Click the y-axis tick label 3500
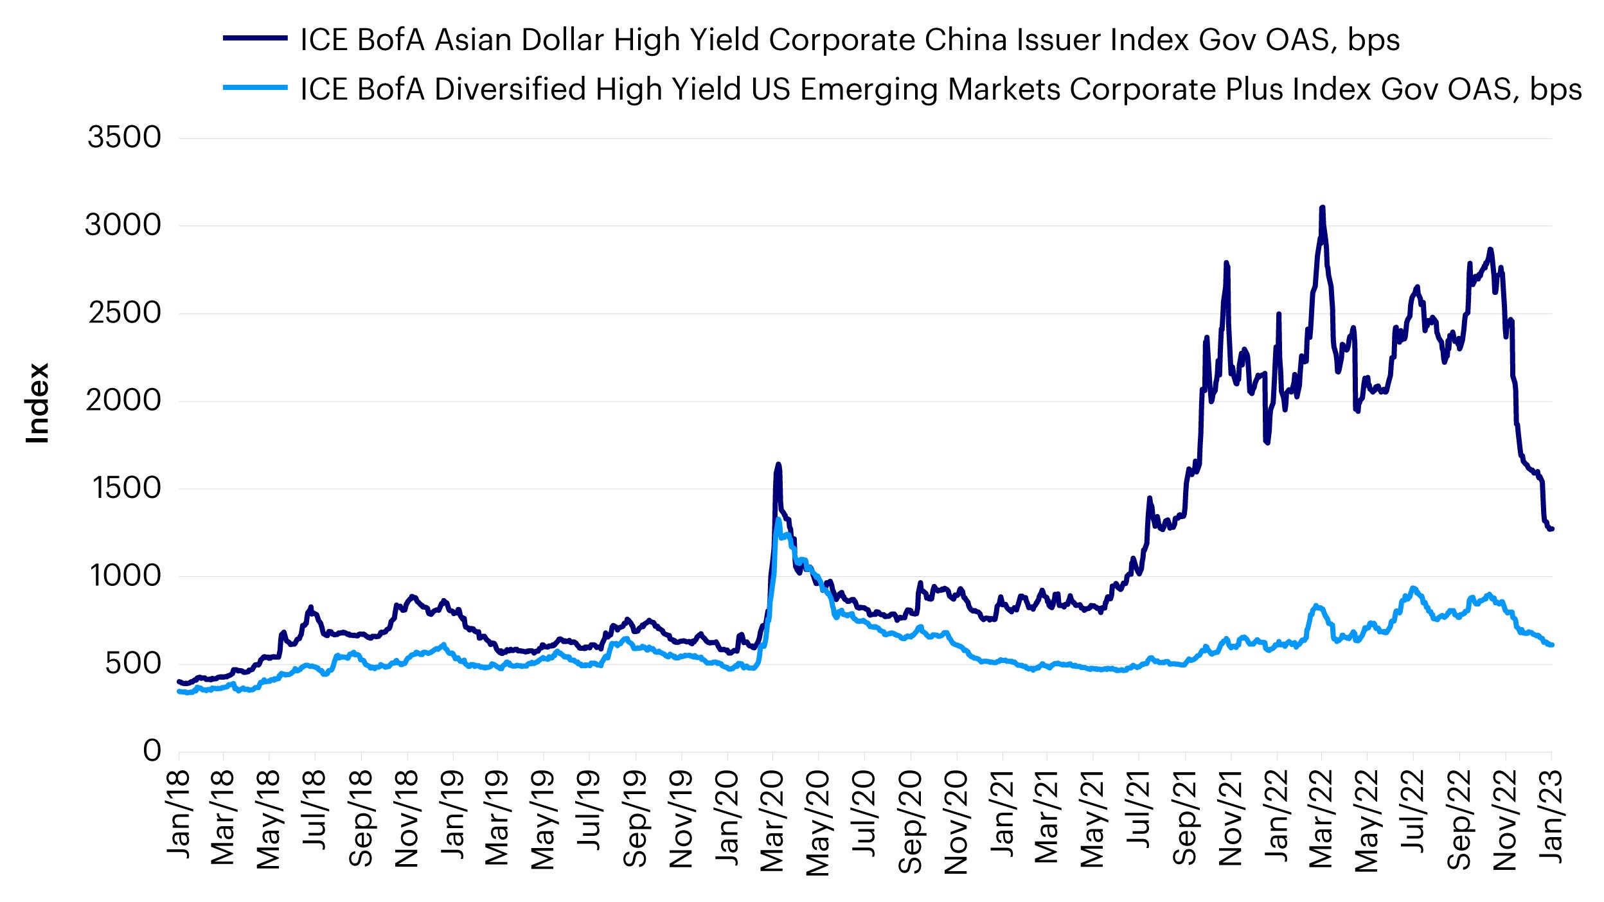(124, 137)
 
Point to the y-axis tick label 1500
(127, 488)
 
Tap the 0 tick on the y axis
(152, 750)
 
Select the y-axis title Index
(37, 403)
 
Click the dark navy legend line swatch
(254, 39)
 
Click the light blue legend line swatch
(254, 88)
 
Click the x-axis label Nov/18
(407, 819)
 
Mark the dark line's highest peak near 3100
(1322, 208)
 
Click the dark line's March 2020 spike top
(778, 464)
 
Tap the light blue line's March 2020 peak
(778, 519)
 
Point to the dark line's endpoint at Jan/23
(1551, 529)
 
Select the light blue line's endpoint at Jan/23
(1551, 644)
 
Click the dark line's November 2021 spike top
(1226, 263)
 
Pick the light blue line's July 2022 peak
(1412, 588)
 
